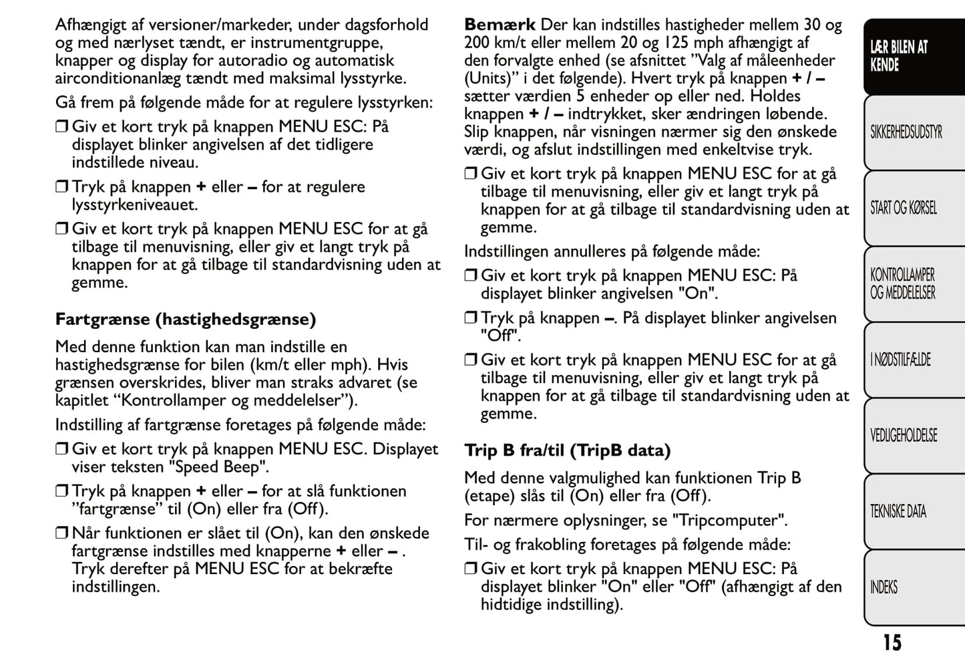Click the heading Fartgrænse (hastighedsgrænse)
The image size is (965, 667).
coord(185,319)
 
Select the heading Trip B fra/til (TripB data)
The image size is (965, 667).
coord(567,450)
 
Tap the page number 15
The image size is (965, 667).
coord(892,643)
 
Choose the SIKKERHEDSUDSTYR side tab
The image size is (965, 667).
coord(906,132)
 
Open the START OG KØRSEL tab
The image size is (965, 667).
coord(903,208)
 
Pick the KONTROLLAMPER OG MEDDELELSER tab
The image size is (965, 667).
coord(902,284)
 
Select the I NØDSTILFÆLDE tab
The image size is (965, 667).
coord(900,360)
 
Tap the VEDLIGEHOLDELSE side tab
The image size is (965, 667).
coord(903,436)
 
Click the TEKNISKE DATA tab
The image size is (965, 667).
coord(898,512)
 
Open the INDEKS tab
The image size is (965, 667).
coord(884,587)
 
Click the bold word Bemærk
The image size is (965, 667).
coord(500,25)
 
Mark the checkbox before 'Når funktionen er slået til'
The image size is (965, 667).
coord(62,533)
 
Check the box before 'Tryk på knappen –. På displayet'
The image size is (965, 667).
coord(471,318)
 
